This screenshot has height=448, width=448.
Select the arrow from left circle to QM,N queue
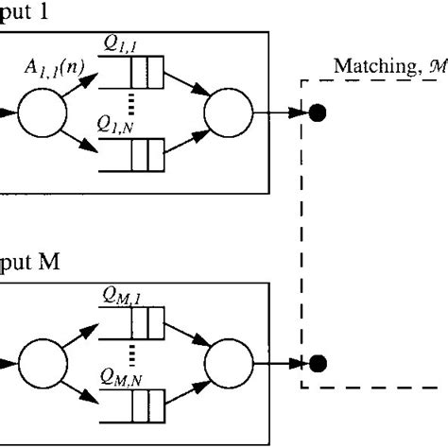(83, 387)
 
